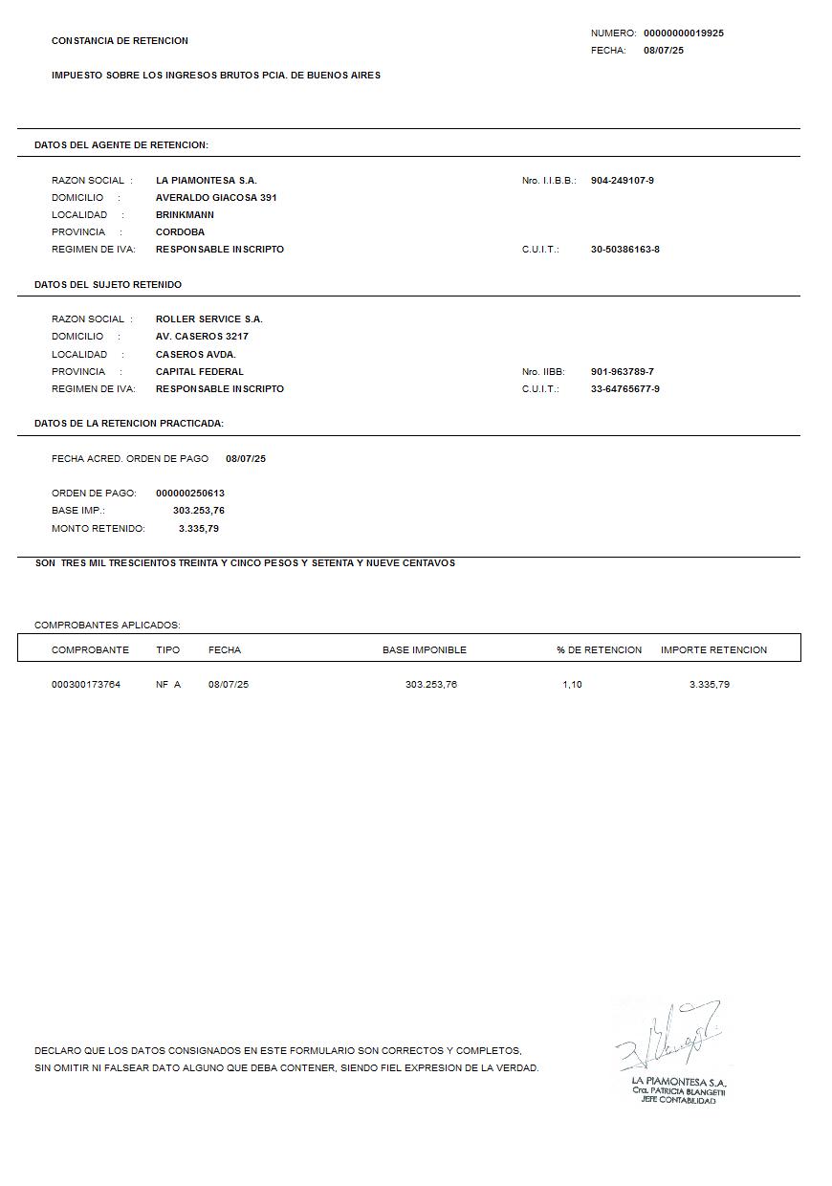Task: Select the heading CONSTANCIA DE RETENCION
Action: pyautogui.click(x=120, y=40)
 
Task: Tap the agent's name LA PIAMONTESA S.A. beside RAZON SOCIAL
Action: pyautogui.click(x=206, y=180)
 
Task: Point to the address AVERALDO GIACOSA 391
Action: pyautogui.click(x=216, y=197)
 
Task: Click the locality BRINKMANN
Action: pyautogui.click(x=185, y=214)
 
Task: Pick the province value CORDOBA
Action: pyautogui.click(x=180, y=231)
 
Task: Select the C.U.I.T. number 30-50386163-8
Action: pyautogui.click(x=624, y=249)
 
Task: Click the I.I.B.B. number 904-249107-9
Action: pyautogui.click(x=622, y=180)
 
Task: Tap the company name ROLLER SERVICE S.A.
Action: pyautogui.click(x=208, y=318)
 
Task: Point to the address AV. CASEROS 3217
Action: pyautogui.click(x=202, y=336)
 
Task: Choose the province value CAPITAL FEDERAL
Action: pyautogui.click(x=199, y=371)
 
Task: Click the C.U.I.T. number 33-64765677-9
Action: pyautogui.click(x=624, y=388)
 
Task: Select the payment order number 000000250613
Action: pyautogui.click(x=189, y=493)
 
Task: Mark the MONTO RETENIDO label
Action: pyautogui.click(x=98, y=528)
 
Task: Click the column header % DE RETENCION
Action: pyautogui.click(x=599, y=649)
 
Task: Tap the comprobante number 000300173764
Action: pyautogui.click(x=86, y=684)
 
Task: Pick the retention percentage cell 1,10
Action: pyautogui.click(x=572, y=684)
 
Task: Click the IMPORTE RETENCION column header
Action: pyautogui.click(x=713, y=649)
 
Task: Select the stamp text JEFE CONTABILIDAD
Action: pyautogui.click(x=678, y=1100)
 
